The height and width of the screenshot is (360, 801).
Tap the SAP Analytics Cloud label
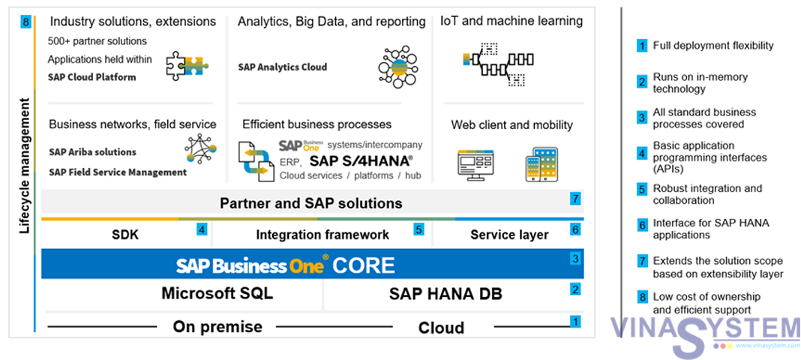(x=282, y=67)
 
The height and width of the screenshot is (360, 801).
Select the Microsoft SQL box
(x=217, y=293)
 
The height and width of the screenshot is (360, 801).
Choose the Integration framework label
(x=322, y=235)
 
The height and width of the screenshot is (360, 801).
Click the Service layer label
(x=509, y=235)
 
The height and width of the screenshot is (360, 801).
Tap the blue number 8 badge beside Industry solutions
(x=25, y=22)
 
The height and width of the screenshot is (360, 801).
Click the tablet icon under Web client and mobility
(x=541, y=163)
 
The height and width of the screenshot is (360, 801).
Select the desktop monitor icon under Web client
(x=475, y=164)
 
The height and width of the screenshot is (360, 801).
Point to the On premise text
(x=217, y=327)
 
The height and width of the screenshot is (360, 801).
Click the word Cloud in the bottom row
(x=441, y=328)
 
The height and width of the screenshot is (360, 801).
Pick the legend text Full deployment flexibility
(x=712, y=46)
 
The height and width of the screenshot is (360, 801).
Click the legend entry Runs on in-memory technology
(x=700, y=82)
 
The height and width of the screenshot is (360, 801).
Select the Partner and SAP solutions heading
(x=310, y=203)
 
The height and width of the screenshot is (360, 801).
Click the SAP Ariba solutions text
(x=92, y=151)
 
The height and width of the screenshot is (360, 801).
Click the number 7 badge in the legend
(x=642, y=261)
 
